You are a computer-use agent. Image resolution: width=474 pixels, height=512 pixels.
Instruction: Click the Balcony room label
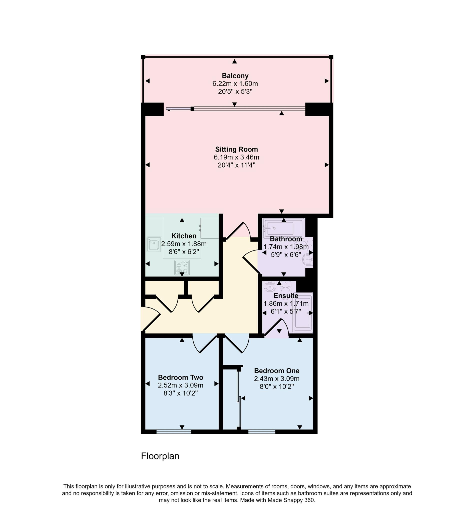pyautogui.click(x=235, y=76)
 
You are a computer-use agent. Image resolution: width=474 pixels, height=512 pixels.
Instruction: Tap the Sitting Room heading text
pyautogui.click(x=236, y=149)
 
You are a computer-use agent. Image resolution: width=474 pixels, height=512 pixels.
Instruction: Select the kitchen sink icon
pyautogui.click(x=154, y=244)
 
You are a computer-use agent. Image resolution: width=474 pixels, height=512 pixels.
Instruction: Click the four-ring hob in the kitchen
pyautogui.click(x=182, y=268)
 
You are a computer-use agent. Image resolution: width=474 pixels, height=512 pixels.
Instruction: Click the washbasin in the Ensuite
pyautogui.click(x=270, y=286)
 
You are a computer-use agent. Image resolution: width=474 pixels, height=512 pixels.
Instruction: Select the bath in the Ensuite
pyautogui.click(x=303, y=313)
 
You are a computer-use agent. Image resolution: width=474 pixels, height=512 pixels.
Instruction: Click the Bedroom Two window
pyautogui.click(x=174, y=432)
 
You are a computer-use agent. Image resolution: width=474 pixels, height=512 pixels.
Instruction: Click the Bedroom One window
pyautogui.click(x=262, y=432)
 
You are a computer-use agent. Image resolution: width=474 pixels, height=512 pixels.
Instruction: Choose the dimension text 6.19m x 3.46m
pyautogui.click(x=236, y=157)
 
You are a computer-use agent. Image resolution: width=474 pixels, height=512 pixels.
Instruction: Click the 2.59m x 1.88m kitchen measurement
pyautogui.click(x=184, y=244)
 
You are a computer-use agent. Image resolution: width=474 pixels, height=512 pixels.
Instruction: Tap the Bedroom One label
pyautogui.click(x=276, y=371)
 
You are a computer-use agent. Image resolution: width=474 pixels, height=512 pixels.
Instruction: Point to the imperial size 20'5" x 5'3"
pyautogui.click(x=235, y=91)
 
